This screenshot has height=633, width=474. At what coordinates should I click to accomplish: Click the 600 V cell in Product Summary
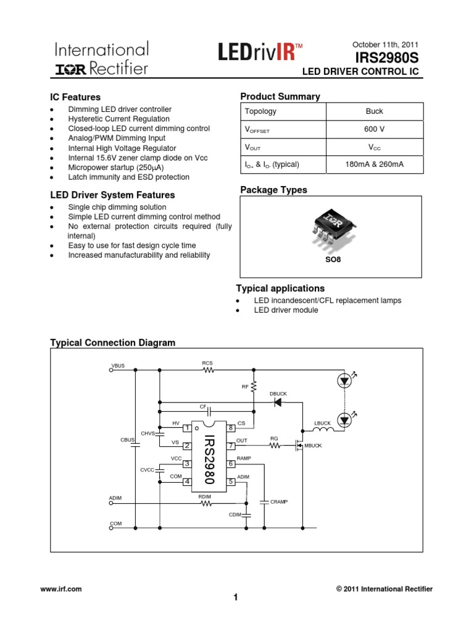tap(374, 129)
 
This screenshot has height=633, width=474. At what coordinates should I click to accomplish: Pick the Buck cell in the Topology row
tap(374, 111)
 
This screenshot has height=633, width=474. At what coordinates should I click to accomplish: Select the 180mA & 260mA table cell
tap(374, 164)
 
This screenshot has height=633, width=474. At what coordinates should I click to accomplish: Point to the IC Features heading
tap(75, 97)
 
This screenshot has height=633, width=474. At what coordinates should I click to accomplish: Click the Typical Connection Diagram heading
tap(112, 342)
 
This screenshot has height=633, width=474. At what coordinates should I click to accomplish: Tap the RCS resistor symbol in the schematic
tap(207, 371)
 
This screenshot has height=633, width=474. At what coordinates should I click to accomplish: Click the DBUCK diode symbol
tap(278, 402)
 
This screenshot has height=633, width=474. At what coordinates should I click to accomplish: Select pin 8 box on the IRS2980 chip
tap(231, 428)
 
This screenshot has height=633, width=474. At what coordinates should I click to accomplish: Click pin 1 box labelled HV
tap(186, 428)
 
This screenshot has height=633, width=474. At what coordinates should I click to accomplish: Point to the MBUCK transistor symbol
tap(299, 445)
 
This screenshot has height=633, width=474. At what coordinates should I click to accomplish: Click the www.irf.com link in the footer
tap(61, 589)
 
